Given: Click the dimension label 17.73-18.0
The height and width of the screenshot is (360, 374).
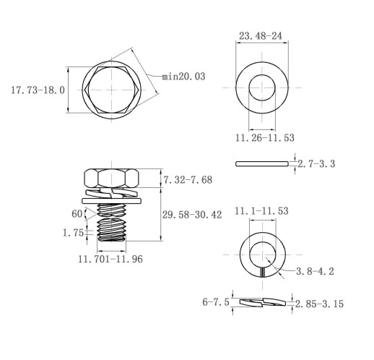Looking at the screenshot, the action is (x=38, y=90).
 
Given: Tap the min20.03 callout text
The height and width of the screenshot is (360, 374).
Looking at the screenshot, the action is (x=183, y=77).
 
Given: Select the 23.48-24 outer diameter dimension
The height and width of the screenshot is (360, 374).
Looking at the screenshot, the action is (x=260, y=36).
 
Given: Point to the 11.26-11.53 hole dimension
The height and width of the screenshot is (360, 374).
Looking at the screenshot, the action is (x=264, y=137).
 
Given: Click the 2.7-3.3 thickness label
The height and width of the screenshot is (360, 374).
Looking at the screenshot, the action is (x=316, y=164).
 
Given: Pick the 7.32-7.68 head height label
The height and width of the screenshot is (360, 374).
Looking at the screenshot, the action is (x=188, y=180).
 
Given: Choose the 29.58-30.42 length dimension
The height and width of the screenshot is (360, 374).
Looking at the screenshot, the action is (x=192, y=215).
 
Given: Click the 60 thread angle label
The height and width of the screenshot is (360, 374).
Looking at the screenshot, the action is (x=77, y=214).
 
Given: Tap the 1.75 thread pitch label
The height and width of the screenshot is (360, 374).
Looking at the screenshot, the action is (x=73, y=233).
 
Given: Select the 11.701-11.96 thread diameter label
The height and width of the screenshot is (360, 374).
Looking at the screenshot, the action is (x=110, y=259).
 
